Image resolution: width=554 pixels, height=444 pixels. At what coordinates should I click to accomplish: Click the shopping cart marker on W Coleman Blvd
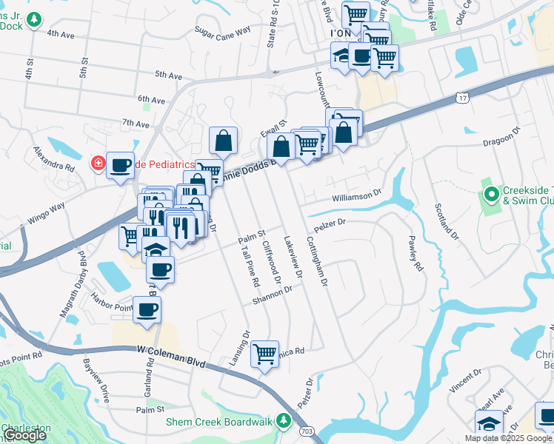point(264,354)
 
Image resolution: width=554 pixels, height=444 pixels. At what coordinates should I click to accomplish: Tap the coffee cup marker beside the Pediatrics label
point(120,165)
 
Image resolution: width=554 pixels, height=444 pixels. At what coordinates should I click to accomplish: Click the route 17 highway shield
point(462,97)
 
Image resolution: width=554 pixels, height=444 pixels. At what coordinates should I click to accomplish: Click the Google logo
point(24,436)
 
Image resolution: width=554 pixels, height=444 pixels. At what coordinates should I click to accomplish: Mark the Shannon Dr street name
point(273,296)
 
